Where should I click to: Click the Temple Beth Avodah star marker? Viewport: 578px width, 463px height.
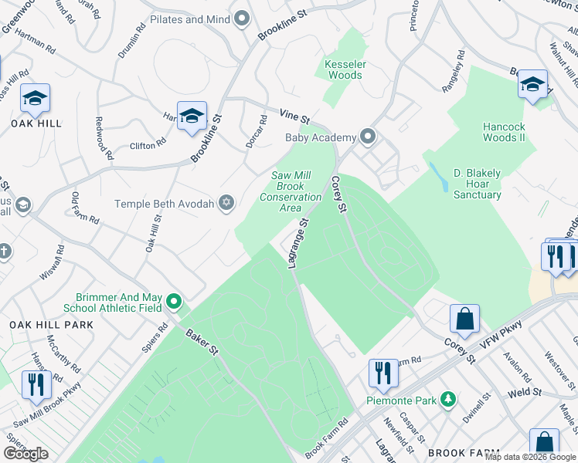pyautogui.click(x=226, y=204)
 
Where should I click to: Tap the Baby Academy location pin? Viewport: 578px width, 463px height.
pyautogui.click(x=368, y=137)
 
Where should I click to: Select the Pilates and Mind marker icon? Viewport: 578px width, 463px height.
pyautogui.click(x=243, y=19)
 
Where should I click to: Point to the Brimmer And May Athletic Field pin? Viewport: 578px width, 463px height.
pyautogui.click(x=175, y=302)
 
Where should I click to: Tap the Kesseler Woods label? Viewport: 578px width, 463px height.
pyautogui.click(x=345, y=69)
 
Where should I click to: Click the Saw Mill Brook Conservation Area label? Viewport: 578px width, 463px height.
pyautogui.click(x=291, y=191)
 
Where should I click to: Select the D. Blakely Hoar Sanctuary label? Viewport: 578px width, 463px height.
pyautogui.click(x=478, y=184)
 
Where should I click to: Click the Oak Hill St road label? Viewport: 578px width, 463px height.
pyautogui.click(x=152, y=235)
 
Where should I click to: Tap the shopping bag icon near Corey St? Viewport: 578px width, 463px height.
pyautogui.click(x=465, y=317)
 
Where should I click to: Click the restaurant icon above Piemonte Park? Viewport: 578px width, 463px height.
pyautogui.click(x=382, y=373)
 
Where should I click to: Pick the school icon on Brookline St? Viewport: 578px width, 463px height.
pyautogui.click(x=192, y=117)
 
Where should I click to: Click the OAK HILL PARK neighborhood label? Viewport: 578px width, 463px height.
pyautogui.click(x=51, y=325)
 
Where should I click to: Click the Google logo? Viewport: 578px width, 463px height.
pyautogui.click(x=25, y=454)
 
